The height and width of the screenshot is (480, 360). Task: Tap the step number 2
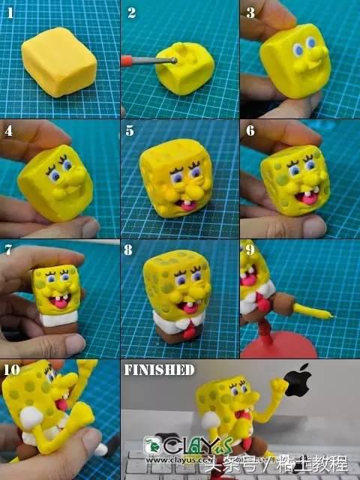pyautogui.click(x=131, y=12)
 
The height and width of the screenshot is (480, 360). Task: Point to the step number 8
pyautogui.click(x=131, y=250)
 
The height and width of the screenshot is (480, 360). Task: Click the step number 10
pyautogui.click(x=12, y=369)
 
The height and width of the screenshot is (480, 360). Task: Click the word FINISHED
pyautogui.click(x=159, y=370)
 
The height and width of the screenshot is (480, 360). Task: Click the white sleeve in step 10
pyautogui.click(x=30, y=420)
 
